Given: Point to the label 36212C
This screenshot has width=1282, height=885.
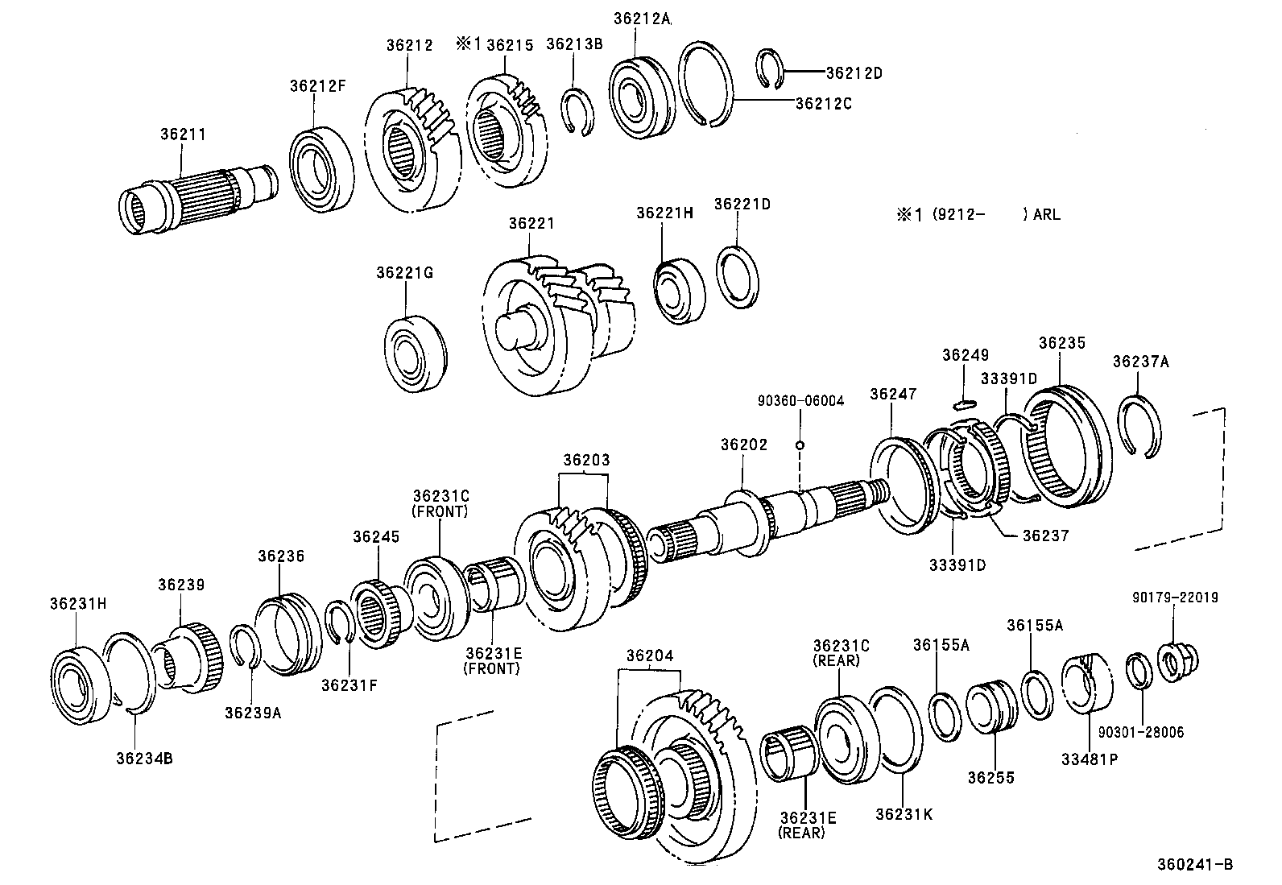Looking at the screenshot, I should (823, 103).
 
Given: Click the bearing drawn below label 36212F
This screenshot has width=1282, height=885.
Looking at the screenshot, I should (321, 170).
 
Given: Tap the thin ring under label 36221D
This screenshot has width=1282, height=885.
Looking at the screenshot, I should (738, 277).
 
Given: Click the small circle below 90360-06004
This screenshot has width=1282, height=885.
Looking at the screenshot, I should (800, 445).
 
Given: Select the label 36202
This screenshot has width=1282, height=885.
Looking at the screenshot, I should (743, 445).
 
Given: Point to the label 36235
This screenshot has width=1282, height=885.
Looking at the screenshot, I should (1061, 343).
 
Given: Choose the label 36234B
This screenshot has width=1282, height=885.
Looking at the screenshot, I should (143, 758).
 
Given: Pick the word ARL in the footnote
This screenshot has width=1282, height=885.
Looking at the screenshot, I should (1047, 215).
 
